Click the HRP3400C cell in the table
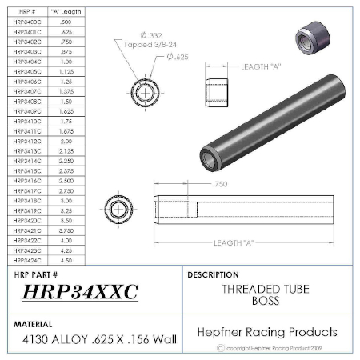coord(28,22)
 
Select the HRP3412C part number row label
coord(28,140)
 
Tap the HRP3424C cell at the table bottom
coord(28,258)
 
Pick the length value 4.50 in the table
coord(66,258)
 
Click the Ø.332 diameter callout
coord(152,36)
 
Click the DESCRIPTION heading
coord(213,274)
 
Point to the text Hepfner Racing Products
coord(266,331)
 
